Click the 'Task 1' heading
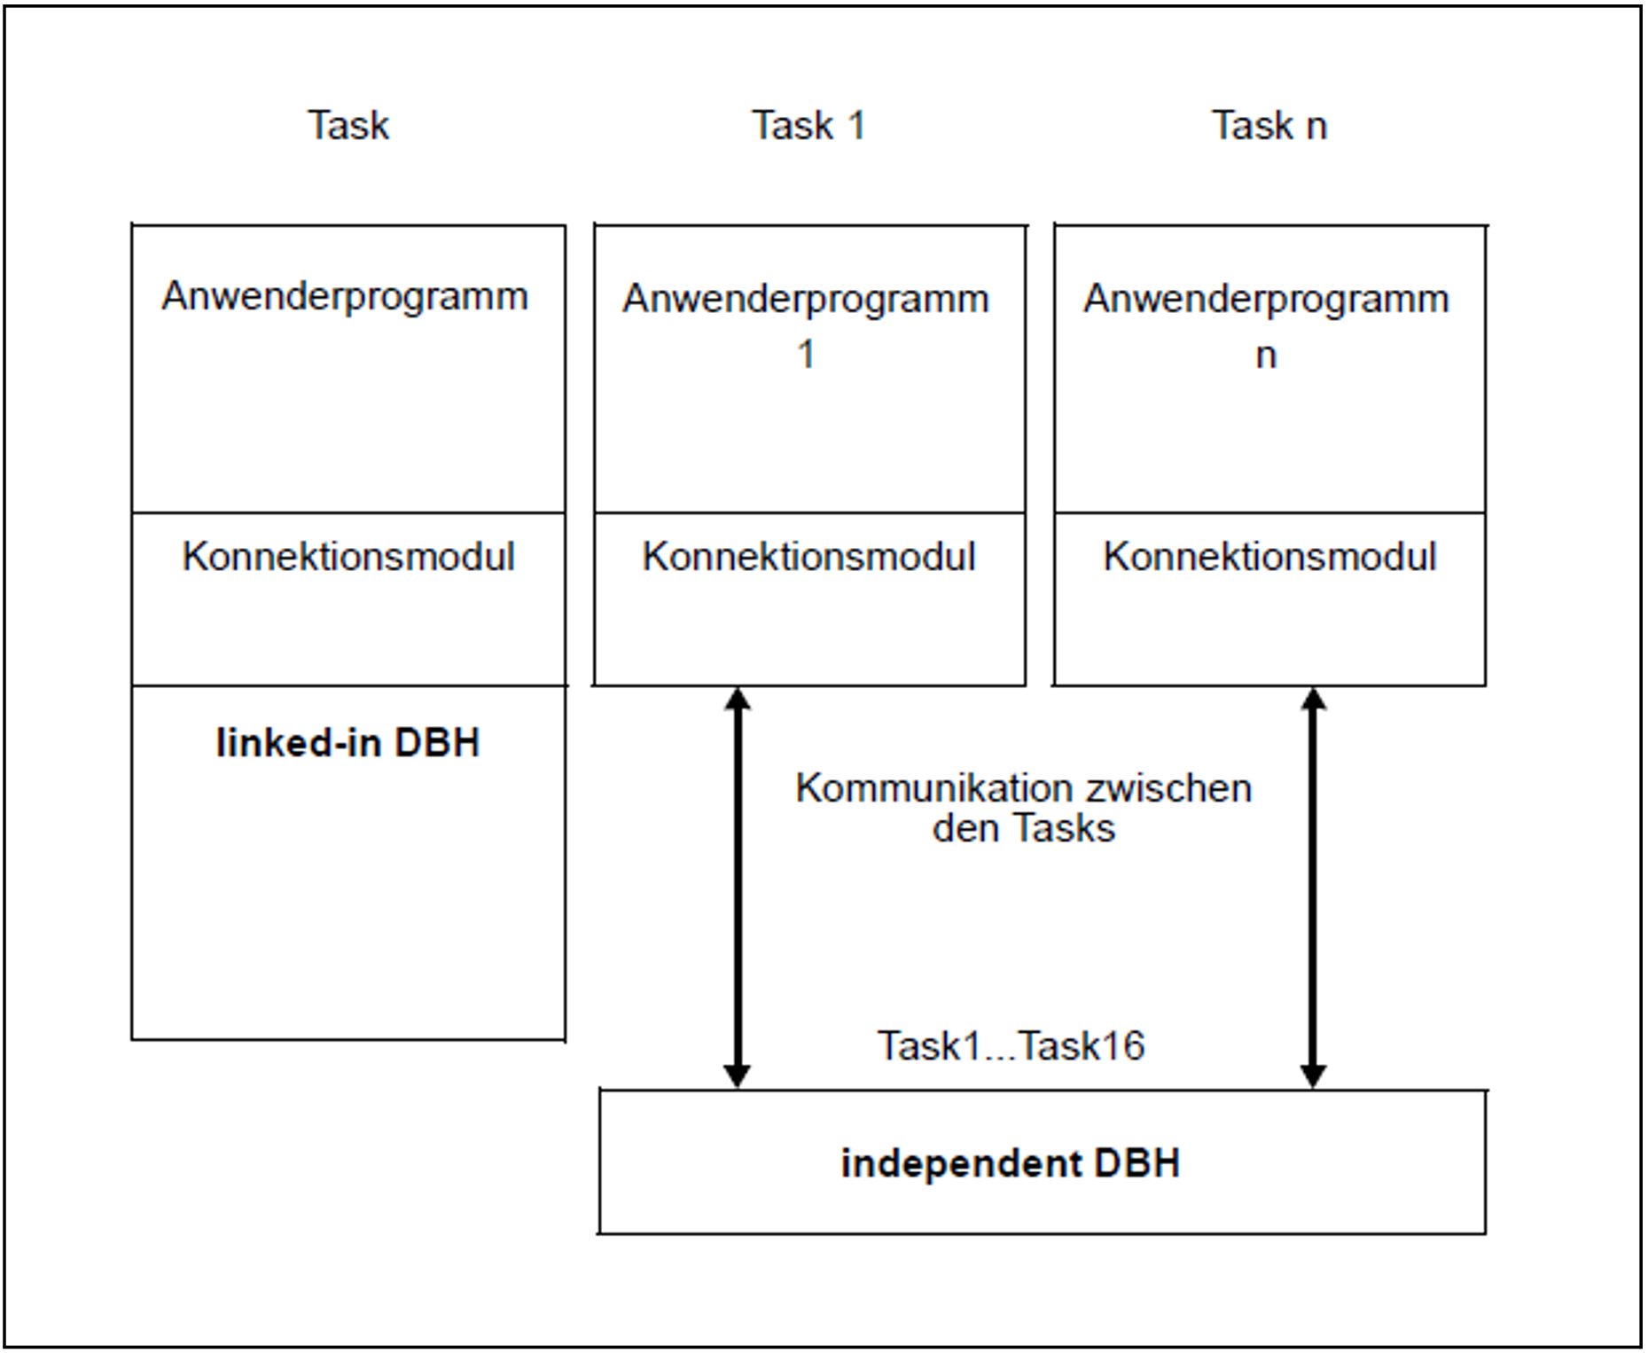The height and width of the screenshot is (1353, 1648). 808,125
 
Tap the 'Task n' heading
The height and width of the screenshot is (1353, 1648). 1269,125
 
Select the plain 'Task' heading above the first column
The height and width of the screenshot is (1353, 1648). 348,125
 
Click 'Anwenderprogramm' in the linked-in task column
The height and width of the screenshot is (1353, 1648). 345,297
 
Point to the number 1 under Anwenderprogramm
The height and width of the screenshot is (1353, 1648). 805,355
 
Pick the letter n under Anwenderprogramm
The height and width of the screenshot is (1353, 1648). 1266,356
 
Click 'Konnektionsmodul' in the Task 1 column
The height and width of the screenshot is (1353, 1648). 808,557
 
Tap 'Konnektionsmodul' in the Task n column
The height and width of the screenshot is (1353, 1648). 1269,557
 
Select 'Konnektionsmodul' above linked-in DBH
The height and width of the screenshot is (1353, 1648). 348,557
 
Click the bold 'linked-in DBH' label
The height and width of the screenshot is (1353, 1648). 348,742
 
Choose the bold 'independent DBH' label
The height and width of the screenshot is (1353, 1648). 1011,1163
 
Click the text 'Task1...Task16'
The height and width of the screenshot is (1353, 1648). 1011,1046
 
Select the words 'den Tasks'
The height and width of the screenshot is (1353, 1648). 1024,829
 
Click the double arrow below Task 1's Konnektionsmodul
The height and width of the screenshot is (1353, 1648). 738,888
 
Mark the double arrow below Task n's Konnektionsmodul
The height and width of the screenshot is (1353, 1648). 1313,888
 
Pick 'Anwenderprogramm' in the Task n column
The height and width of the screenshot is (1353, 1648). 1266,299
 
